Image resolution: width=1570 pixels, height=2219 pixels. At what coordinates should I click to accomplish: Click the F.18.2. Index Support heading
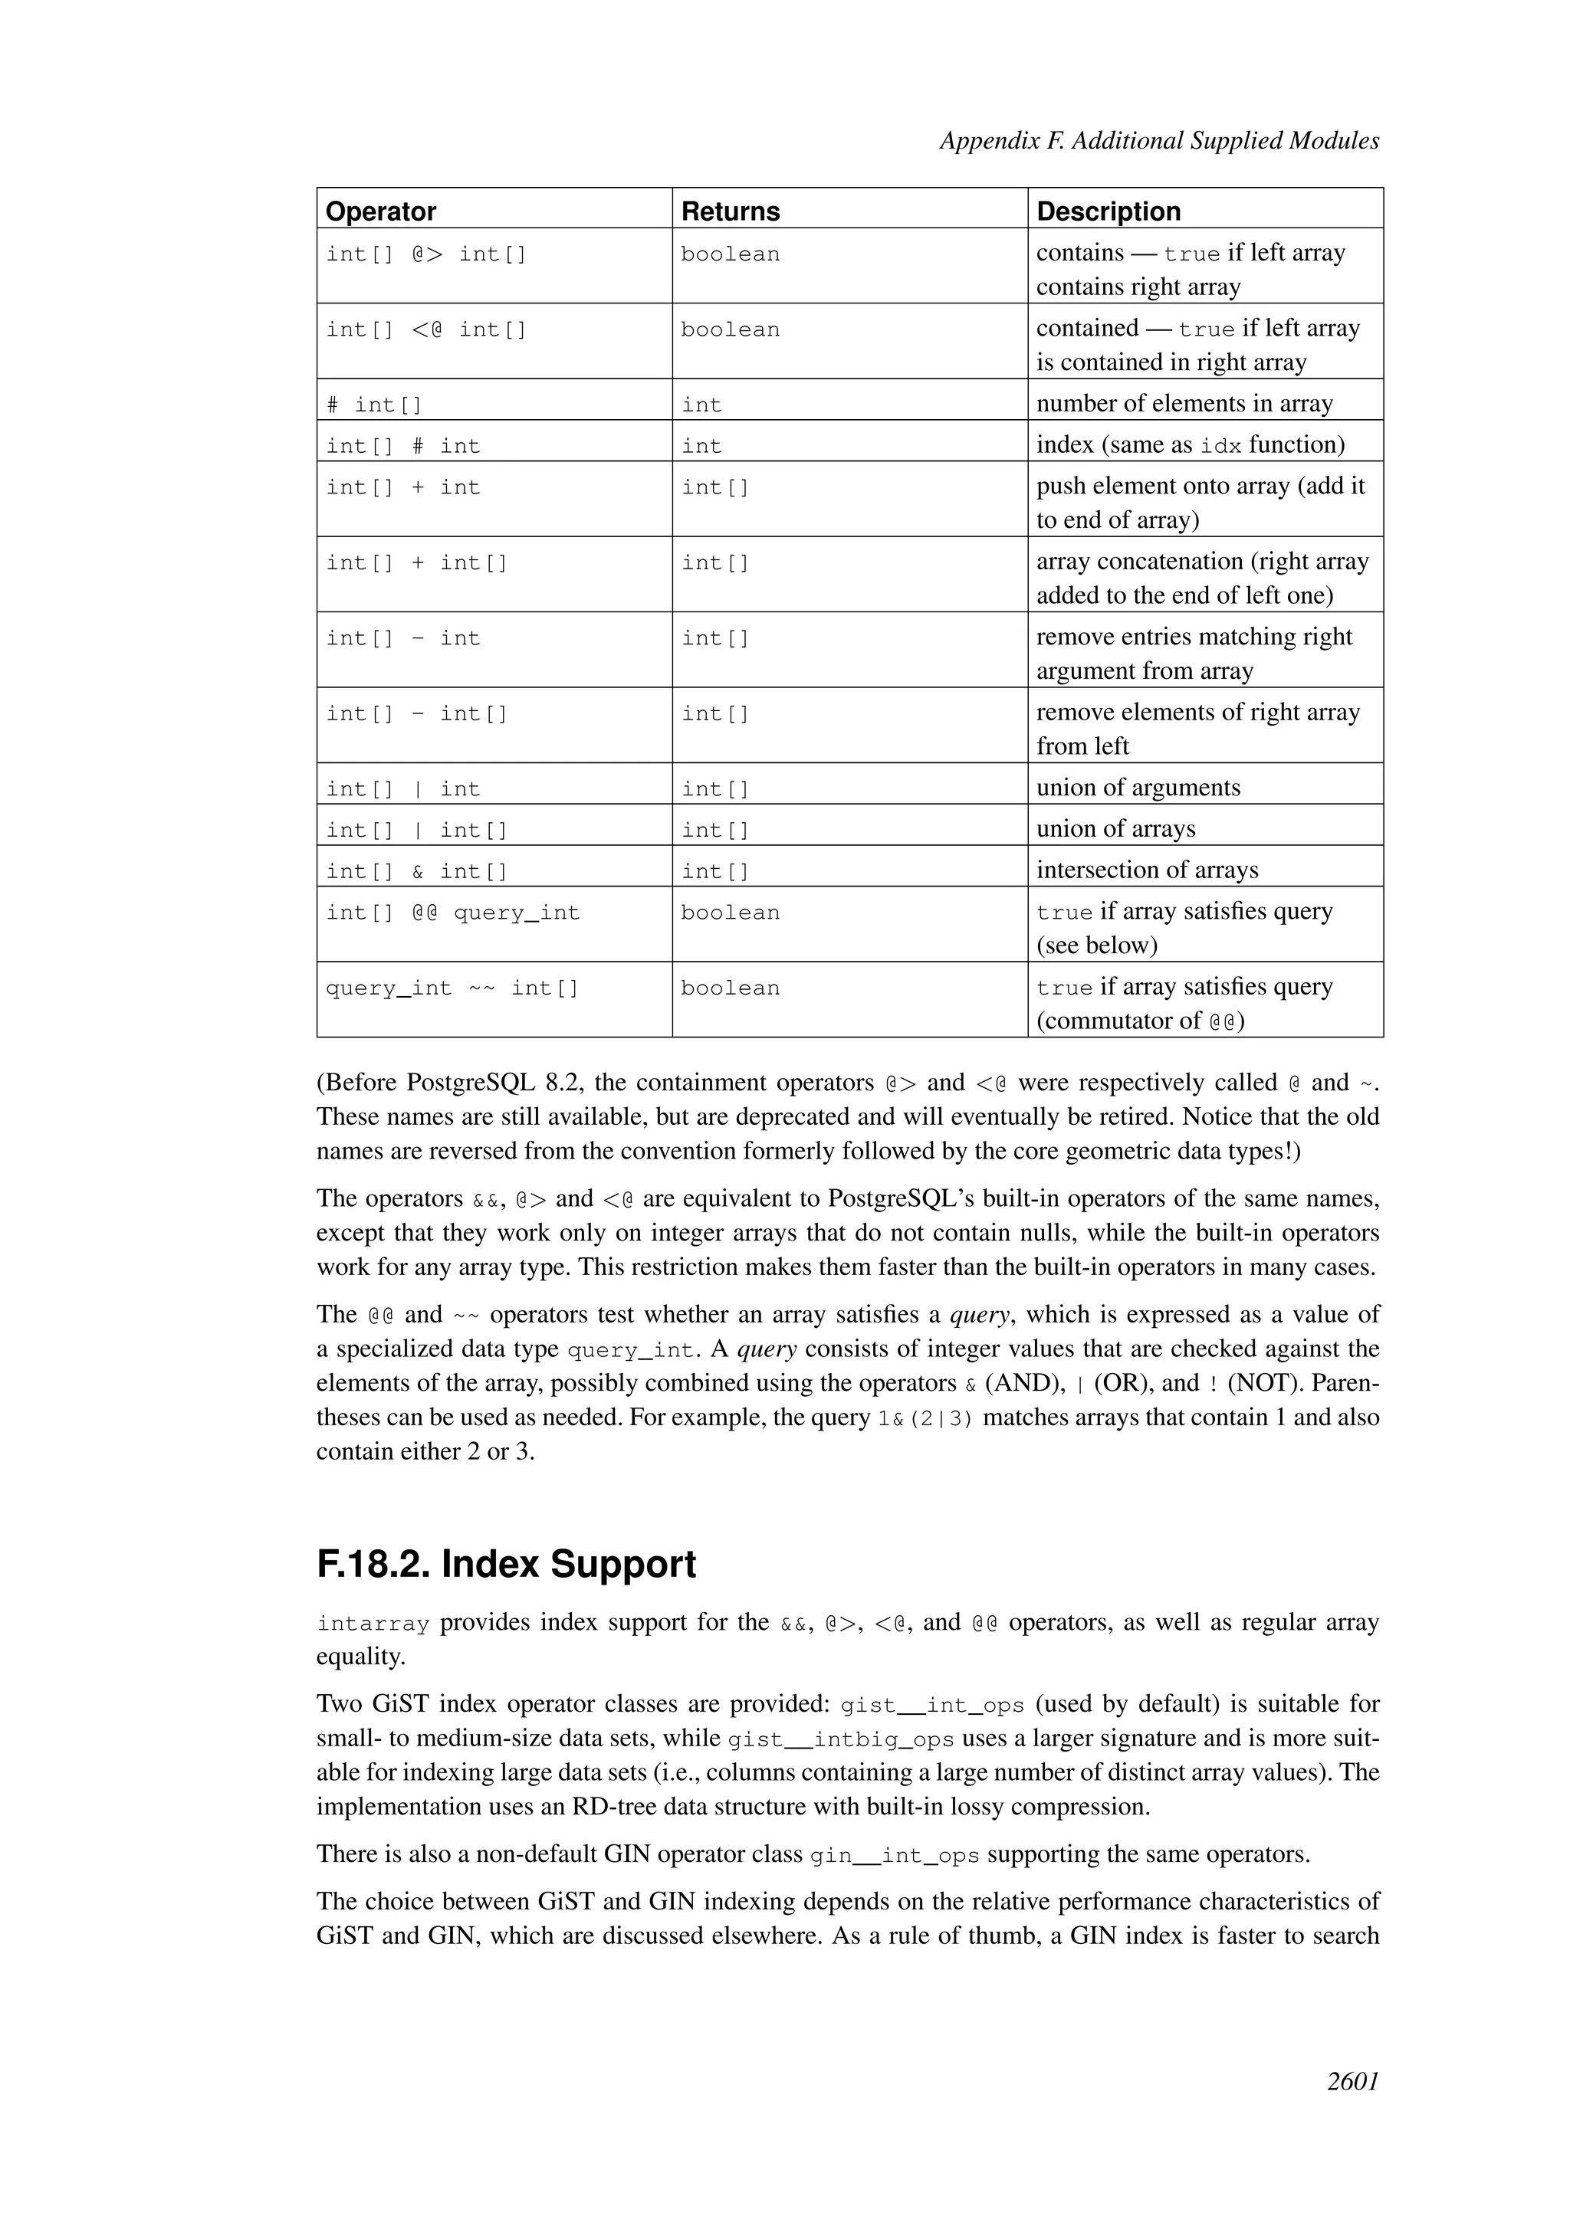coord(506,1565)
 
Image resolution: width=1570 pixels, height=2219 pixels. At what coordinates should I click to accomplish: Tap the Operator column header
coord(381,211)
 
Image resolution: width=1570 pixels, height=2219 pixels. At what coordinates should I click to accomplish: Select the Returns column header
coord(730,211)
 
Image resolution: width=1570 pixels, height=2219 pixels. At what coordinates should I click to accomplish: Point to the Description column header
coord(1108,211)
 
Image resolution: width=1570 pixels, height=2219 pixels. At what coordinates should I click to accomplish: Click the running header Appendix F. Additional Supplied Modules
coord(1158,141)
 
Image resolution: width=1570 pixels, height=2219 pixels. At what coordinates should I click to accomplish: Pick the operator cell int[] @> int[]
coord(426,254)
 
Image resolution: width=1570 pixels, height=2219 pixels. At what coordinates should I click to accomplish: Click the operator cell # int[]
coord(374,405)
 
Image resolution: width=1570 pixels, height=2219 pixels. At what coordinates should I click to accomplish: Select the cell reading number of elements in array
coord(1184,403)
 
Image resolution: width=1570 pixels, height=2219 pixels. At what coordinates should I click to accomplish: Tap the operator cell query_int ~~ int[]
coord(452,988)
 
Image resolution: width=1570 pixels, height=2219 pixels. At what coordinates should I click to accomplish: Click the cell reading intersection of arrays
coord(1147,870)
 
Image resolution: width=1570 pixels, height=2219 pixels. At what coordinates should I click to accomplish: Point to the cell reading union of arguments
coord(1137,788)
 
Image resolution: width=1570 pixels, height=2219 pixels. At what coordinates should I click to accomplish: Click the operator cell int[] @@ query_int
coord(452,913)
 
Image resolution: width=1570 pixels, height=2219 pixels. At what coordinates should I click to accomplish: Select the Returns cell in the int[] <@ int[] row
coord(730,329)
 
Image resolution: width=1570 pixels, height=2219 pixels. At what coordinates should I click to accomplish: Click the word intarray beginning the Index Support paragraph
coord(373,1624)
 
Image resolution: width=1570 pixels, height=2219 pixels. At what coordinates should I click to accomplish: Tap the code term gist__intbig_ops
coord(840,1739)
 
